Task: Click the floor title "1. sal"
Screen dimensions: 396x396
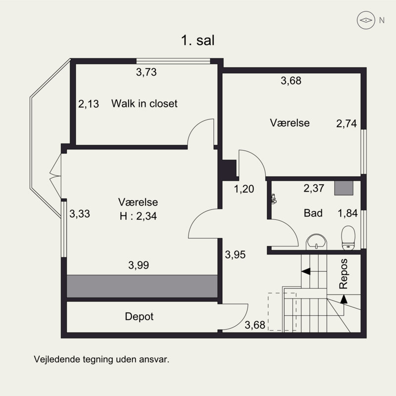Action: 198,41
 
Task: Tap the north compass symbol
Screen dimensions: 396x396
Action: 366,20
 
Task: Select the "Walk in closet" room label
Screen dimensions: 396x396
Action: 144,103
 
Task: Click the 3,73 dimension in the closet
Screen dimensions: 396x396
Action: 146,72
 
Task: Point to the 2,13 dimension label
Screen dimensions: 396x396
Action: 89,104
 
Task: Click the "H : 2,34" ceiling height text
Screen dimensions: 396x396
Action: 138,216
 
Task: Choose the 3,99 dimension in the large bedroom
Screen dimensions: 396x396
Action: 139,265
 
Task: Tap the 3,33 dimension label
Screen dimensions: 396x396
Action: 80,214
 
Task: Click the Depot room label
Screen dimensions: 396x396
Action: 139,316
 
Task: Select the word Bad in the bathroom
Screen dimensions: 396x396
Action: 313,213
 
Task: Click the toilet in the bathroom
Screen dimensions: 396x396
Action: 348,238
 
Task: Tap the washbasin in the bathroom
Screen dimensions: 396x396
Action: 316,242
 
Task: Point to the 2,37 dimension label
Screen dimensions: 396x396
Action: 314,188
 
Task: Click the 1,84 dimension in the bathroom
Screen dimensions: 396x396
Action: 348,213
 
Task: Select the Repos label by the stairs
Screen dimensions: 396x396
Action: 344,274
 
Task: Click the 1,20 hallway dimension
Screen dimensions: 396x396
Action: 244,189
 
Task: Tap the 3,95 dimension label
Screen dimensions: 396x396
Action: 235,254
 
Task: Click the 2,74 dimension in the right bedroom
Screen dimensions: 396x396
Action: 346,123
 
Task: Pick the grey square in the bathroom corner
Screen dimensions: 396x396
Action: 344,188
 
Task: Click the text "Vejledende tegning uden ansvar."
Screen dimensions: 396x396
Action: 101,359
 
